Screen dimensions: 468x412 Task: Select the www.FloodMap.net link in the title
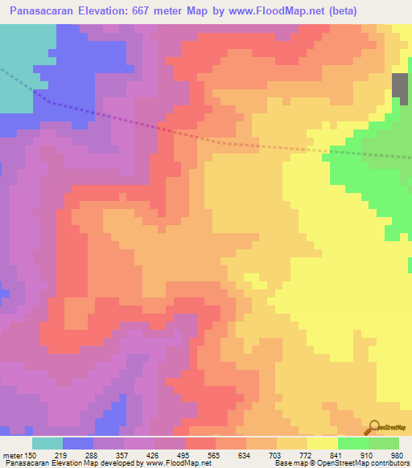click(272, 11)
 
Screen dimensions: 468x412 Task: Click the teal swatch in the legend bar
click(47, 443)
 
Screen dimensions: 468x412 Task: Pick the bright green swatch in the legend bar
click(353, 443)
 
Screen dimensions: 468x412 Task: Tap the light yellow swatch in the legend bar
click(323, 443)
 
